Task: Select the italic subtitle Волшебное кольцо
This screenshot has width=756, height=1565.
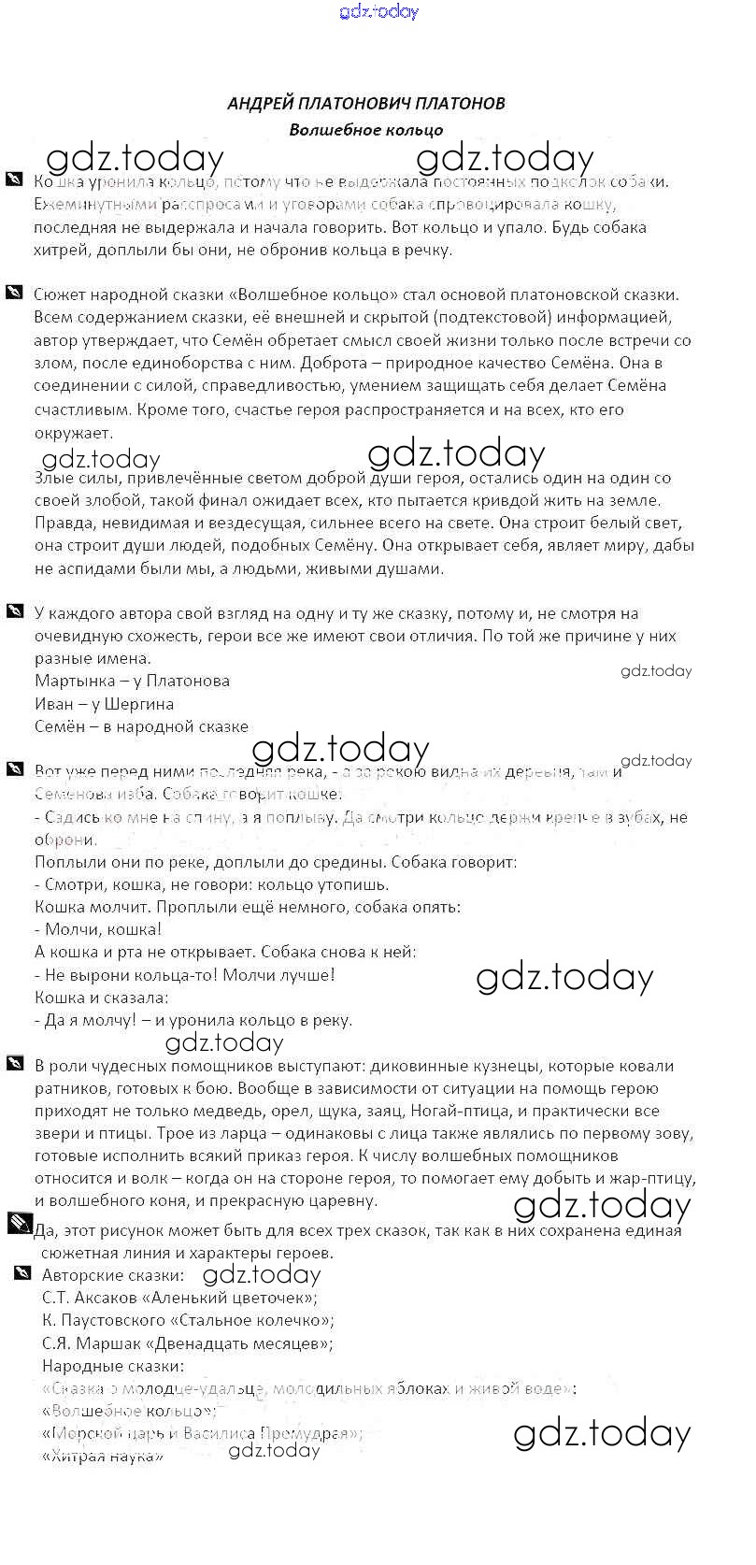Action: (366, 130)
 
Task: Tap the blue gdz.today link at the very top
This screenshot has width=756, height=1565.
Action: (379, 11)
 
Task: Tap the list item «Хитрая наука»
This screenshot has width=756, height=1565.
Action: (103, 1457)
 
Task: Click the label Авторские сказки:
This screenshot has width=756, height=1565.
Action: (113, 1274)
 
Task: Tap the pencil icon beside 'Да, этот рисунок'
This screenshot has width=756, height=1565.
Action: (19, 1224)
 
